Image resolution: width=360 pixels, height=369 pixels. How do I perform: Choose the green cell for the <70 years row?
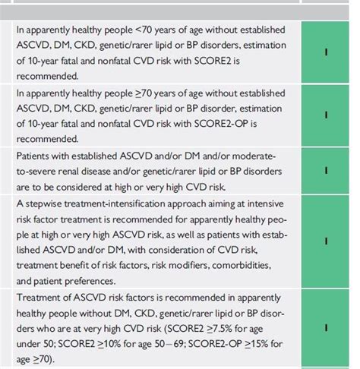[x=326, y=53]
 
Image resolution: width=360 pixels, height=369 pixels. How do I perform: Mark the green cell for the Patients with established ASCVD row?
[x=326, y=172]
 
